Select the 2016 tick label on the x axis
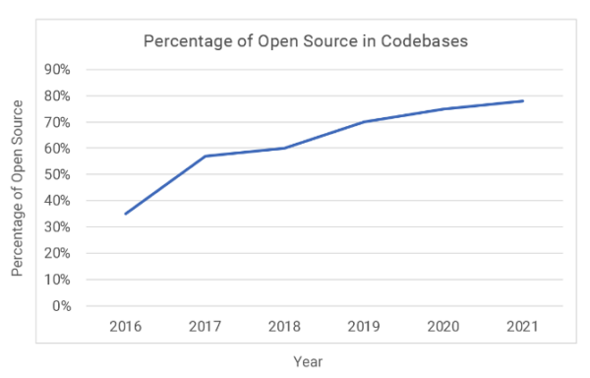coord(125,325)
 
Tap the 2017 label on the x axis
coord(205,325)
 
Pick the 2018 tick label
coord(283,325)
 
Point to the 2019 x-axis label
coord(364,325)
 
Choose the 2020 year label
coord(442,325)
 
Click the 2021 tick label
coord(523,325)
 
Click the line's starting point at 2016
coord(125,214)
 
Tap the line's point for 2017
coord(205,156)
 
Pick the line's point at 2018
coord(283,148)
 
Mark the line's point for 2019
coord(364,122)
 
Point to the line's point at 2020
coord(442,108)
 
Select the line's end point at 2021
coord(523,100)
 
